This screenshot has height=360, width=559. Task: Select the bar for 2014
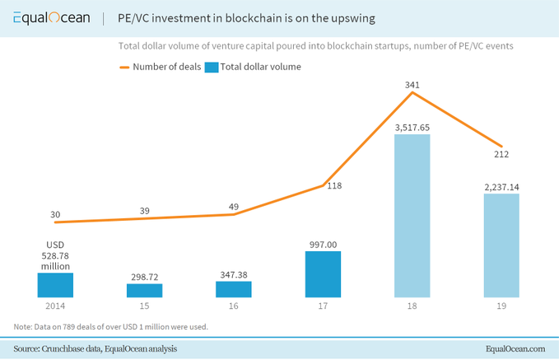[55, 284]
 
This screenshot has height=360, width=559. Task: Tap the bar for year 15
[144, 290]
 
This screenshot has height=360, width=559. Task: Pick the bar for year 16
[234, 289]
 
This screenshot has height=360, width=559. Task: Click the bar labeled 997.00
[323, 274]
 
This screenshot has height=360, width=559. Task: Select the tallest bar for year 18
[412, 216]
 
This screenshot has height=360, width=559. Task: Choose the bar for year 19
[501, 245]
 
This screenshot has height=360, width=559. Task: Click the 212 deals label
[501, 153]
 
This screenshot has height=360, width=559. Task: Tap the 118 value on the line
[334, 186]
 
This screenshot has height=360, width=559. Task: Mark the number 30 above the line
[55, 215]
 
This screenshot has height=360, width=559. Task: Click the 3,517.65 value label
[412, 128]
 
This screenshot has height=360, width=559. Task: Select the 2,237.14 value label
[501, 187]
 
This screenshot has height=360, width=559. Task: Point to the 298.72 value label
[144, 277]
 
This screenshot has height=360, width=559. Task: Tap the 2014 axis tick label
[55, 306]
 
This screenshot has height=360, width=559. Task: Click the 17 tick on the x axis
[323, 306]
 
